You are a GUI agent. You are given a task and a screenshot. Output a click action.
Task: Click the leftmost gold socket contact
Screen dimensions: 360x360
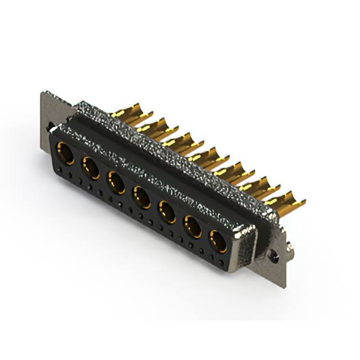click(65, 152)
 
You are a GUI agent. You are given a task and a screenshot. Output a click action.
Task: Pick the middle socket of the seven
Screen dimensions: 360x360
click(141, 197)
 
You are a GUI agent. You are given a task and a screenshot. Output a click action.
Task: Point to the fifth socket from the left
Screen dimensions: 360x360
click(167, 211)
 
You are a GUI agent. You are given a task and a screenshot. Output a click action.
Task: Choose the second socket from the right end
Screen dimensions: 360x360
click(192, 226)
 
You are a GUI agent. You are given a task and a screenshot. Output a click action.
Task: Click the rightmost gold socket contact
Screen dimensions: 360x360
click(218, 241)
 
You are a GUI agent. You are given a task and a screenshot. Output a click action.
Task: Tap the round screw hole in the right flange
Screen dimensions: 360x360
click(274, 256)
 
